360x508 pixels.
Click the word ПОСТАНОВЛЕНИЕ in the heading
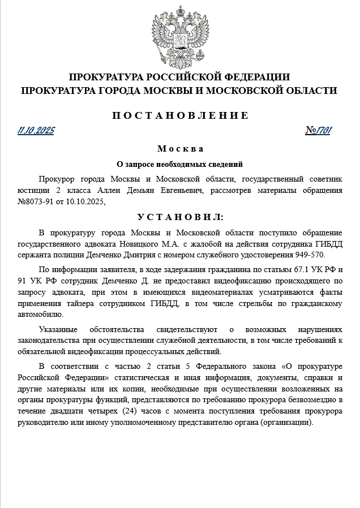pos(179,115)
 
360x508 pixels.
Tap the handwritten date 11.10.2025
pos(36,131)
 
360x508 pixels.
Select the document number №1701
pos(318,131)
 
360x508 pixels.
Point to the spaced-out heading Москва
pos(179,149)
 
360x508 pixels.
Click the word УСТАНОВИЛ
pos(179,217)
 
